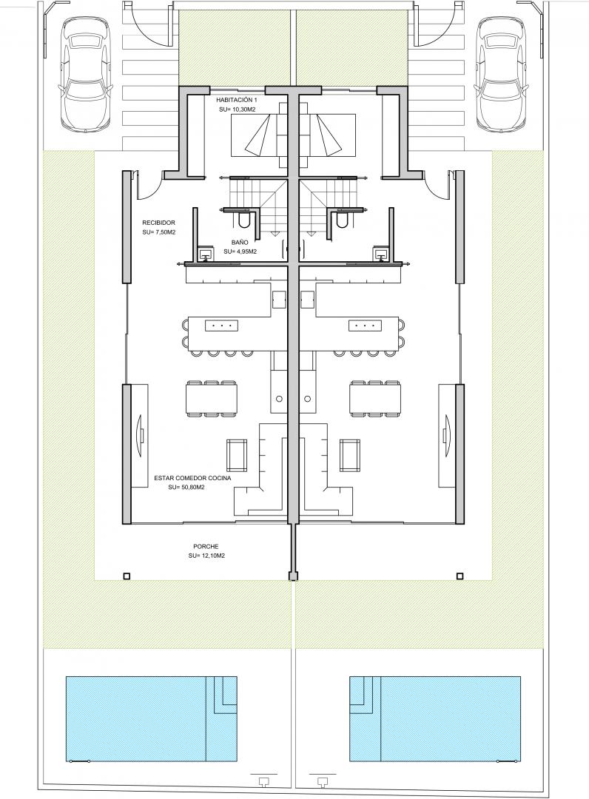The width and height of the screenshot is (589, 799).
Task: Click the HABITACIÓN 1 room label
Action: [x=237, y=100]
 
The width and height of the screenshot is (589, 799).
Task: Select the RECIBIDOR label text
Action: [x=159, y=223]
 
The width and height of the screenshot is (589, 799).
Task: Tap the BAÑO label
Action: [x=240, y=243]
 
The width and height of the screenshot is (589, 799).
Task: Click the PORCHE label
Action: [x=206, y=547]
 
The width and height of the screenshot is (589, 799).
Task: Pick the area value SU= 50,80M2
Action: [x=186, y=487]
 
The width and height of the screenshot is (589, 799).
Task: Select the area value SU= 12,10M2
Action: [x=206, y=556]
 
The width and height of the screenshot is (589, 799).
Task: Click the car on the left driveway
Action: [x=86, y=75]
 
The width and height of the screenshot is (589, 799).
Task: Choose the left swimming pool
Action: [x=152, y=718]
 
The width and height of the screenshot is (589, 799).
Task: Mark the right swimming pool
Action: [x=435, y=718]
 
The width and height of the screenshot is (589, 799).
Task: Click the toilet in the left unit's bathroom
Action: [x=243, y=219]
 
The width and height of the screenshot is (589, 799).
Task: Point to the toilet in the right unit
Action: [x=342, y=219]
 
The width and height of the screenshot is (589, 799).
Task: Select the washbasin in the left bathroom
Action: [x=206, y=253]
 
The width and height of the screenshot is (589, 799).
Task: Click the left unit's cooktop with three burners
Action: [x=222, y=325]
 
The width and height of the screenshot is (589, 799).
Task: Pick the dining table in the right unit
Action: [x=374, y=398]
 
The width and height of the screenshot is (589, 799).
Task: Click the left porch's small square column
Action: [x=127, y=576]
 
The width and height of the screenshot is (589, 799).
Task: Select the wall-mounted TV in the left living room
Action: [x=140, y=436]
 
